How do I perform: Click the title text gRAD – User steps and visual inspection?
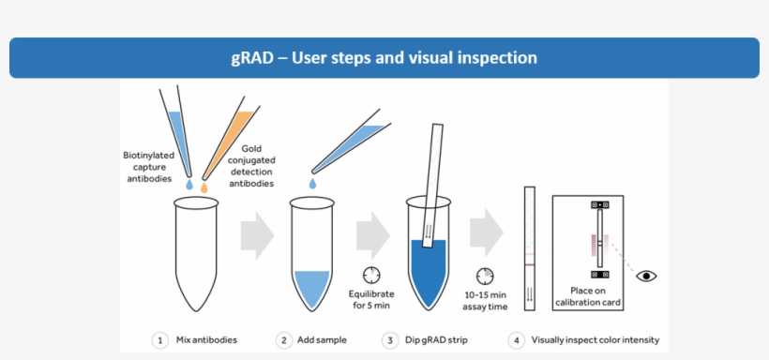384,58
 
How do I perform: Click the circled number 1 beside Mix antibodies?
160,339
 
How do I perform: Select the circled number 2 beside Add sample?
283,339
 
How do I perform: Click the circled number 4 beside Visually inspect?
516,339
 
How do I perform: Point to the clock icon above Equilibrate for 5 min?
371,274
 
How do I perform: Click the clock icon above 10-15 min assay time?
486,277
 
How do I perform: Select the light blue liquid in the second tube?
312,286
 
